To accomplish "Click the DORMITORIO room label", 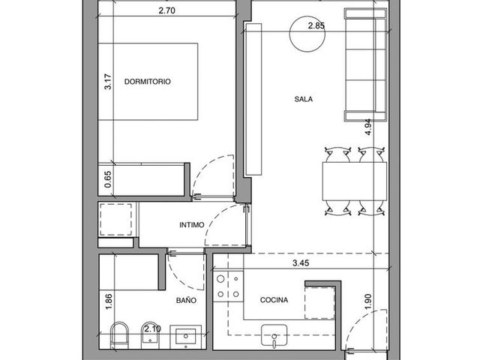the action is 148,82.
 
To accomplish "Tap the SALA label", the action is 303,99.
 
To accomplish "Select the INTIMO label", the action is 192,225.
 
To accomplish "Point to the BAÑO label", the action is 186,300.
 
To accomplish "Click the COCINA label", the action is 274,300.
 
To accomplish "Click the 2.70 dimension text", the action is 166,10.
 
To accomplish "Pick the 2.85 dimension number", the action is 316,25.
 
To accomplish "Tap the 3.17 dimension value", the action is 108,82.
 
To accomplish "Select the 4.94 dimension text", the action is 368,127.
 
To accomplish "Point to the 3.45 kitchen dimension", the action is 301,263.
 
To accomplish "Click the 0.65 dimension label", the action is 108,179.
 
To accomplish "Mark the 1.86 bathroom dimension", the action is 109,301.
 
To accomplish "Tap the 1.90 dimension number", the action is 368,301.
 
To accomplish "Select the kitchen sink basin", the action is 274,335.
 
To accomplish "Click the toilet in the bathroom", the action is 119,335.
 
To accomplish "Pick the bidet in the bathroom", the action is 150,335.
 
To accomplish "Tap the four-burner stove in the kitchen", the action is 228,286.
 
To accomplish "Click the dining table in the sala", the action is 355,181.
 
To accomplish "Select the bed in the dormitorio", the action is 148,82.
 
